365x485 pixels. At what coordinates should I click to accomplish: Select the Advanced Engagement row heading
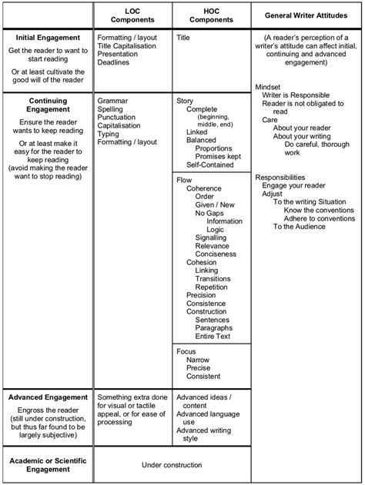48,397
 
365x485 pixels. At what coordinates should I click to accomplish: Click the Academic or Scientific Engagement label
48,464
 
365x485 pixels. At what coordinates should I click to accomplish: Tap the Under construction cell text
172,464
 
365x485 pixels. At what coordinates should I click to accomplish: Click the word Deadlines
114,62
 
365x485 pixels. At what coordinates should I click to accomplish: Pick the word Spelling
111,109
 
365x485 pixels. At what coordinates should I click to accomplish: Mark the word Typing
109,135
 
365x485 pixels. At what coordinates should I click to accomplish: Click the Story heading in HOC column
185,101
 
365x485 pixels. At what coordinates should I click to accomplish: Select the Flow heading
184,180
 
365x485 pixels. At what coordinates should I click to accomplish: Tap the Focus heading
186,351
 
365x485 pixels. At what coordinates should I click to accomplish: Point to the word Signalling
211,238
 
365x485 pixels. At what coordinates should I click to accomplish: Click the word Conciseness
216,255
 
